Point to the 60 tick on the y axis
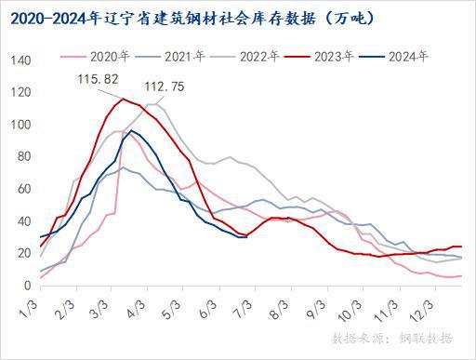click(x=24, y=189)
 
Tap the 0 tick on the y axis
click(x=28, y=285)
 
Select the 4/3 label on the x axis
click(x=150, y=306)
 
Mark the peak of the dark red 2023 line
click(x=123, y=99)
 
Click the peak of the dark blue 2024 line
click(x=131, y=130)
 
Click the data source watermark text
click(x=394, y=337)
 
